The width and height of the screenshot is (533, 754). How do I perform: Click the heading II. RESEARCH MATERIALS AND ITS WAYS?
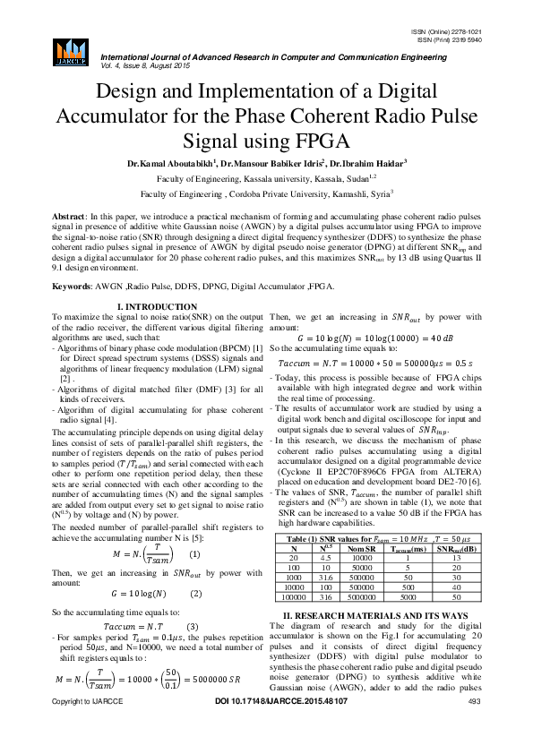coord(374,641)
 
